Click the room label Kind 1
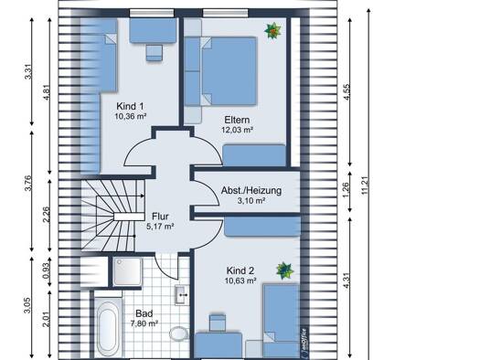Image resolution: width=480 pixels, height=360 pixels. [x=130, y=106]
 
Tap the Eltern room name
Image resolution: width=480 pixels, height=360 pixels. [x=237, y=120]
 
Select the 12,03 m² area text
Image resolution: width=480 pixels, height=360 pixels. [x=237, y=130]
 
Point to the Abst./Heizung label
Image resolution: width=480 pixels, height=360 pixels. [x=251, y=190]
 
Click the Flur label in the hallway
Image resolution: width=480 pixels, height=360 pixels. [x=160, y=217]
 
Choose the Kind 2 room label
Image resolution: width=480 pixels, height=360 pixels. [x=240, y=270]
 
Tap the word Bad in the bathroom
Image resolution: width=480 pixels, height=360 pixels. [x=144, y=313]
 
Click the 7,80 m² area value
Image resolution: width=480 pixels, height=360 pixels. [x=144, y=323]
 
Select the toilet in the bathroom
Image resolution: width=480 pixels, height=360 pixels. [x=179, y=334]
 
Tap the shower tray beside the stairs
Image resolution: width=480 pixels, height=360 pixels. [x=127, y=271]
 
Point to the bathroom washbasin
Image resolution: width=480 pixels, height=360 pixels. [x=181, y=295]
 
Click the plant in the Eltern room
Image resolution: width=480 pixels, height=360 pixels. [x=272, y=31]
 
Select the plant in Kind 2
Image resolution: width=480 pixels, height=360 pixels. [x=284, y=270]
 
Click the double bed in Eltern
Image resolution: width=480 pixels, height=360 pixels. [x=229, y=71]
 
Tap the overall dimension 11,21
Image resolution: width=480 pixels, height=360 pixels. [x=365, y=185]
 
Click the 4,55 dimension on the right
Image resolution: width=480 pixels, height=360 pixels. [x=347, y=92]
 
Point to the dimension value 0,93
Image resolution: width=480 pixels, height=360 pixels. [x=47, y=271]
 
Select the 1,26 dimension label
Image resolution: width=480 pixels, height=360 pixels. [x=346, y=190]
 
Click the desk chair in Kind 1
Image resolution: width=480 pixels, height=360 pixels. [x=154, y=53]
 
